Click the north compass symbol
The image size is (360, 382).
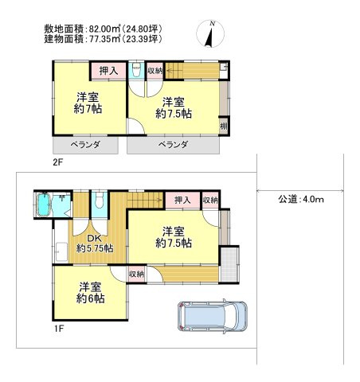point(211,33)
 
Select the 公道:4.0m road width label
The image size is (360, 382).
point(301,199)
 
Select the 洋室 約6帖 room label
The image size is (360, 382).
point(90,293)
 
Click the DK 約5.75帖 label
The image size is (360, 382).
point(94,242)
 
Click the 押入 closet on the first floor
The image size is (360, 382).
point(182,201)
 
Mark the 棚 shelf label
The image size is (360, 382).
point(225,126)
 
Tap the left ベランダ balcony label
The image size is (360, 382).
point(85,145)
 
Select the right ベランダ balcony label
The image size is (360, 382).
point(172,145)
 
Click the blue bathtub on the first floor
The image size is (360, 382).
point(45,208)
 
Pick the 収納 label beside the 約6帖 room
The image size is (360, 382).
point(137,274)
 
